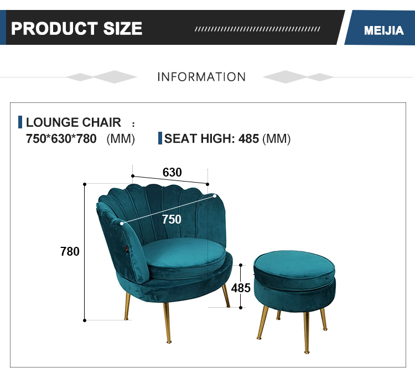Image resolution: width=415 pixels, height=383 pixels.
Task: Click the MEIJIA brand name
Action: click(x=384, y=30)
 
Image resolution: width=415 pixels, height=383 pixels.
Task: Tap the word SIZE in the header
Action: click(x=123, y=28)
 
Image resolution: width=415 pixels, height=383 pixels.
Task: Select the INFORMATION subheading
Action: click(x=201, y=77)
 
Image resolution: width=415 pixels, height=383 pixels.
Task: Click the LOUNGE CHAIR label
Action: click(x=73, y=122)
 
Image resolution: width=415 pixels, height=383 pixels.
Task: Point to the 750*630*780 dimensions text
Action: click(x=61, y=139)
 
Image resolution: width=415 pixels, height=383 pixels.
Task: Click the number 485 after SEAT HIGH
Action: click(x=248, y=139)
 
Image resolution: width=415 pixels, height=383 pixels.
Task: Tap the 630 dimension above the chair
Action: click(x=172, y=172)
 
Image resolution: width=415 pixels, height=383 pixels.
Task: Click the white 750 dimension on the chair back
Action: click(x=172, y=219)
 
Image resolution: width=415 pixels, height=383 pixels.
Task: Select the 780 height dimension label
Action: click(x=70, y=251)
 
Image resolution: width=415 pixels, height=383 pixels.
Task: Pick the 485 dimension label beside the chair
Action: click(x=241, y=288)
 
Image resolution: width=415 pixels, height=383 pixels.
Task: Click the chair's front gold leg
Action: click(x=167, y=322)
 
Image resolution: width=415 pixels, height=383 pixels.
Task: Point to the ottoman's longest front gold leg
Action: click(x=306, y=333)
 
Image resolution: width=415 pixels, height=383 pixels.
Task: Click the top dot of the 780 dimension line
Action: click(x=85, y=184)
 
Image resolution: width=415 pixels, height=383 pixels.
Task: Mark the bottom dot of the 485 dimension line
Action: click(x=241, y=308)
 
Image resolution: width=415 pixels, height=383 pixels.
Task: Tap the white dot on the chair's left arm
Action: click(x=122, y=224)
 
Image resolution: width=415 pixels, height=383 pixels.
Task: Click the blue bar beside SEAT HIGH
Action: click(x=160, y=138)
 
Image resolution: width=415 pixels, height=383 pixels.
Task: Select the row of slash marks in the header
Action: click(x=257, y=29)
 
